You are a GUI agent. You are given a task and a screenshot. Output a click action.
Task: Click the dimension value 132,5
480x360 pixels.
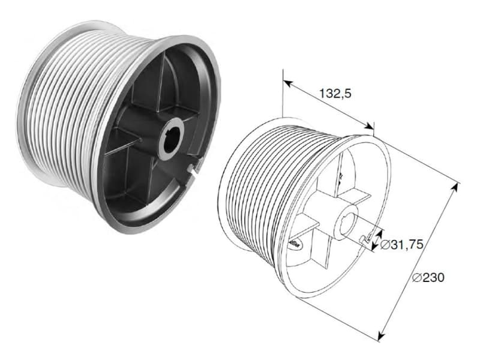click(x=335, y=94)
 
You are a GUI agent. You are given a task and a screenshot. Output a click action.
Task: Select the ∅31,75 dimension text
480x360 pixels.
click(x=401, y=244)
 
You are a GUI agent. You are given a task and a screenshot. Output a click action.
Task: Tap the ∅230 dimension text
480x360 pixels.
click(x=428, y=277)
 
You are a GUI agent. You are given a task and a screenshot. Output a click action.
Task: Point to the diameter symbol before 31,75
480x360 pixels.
click(x=385, y=245)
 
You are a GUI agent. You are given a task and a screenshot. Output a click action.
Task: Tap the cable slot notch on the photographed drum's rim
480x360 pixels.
click(x=194, y=169)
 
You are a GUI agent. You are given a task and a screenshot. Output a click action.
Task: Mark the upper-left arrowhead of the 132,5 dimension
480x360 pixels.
click(x=288, y=83)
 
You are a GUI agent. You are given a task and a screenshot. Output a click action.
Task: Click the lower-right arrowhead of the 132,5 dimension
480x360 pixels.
click(x=369, y=126)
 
